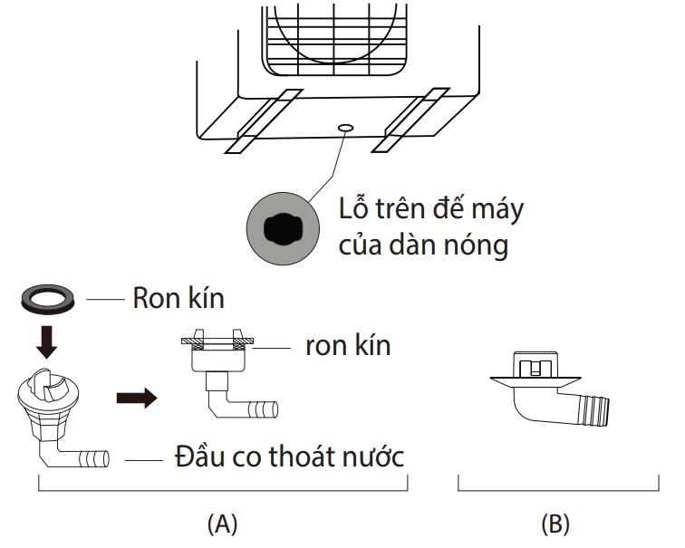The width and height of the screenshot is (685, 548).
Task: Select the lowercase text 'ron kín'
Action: pos(347,346)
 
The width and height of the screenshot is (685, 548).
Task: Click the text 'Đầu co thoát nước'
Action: pos(288,457)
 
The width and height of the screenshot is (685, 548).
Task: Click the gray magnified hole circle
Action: pos(283,228)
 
